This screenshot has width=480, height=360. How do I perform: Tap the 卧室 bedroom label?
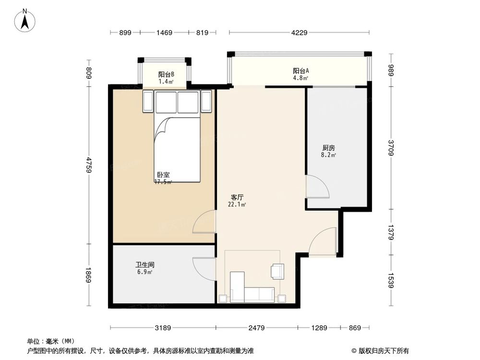[163, 175]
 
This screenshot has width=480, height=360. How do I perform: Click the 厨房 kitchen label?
[328, 148]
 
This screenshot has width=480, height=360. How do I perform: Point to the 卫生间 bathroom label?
[144, 264]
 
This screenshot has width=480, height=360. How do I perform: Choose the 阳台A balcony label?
[300, 71]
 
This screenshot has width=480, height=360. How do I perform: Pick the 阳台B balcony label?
[166, 74]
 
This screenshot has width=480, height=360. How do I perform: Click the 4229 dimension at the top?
[299, 33]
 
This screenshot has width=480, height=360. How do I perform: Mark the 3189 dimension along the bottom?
[163, 328]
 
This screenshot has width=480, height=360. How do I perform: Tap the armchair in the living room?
[277, 271]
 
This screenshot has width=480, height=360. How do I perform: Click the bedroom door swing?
[204, 222]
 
